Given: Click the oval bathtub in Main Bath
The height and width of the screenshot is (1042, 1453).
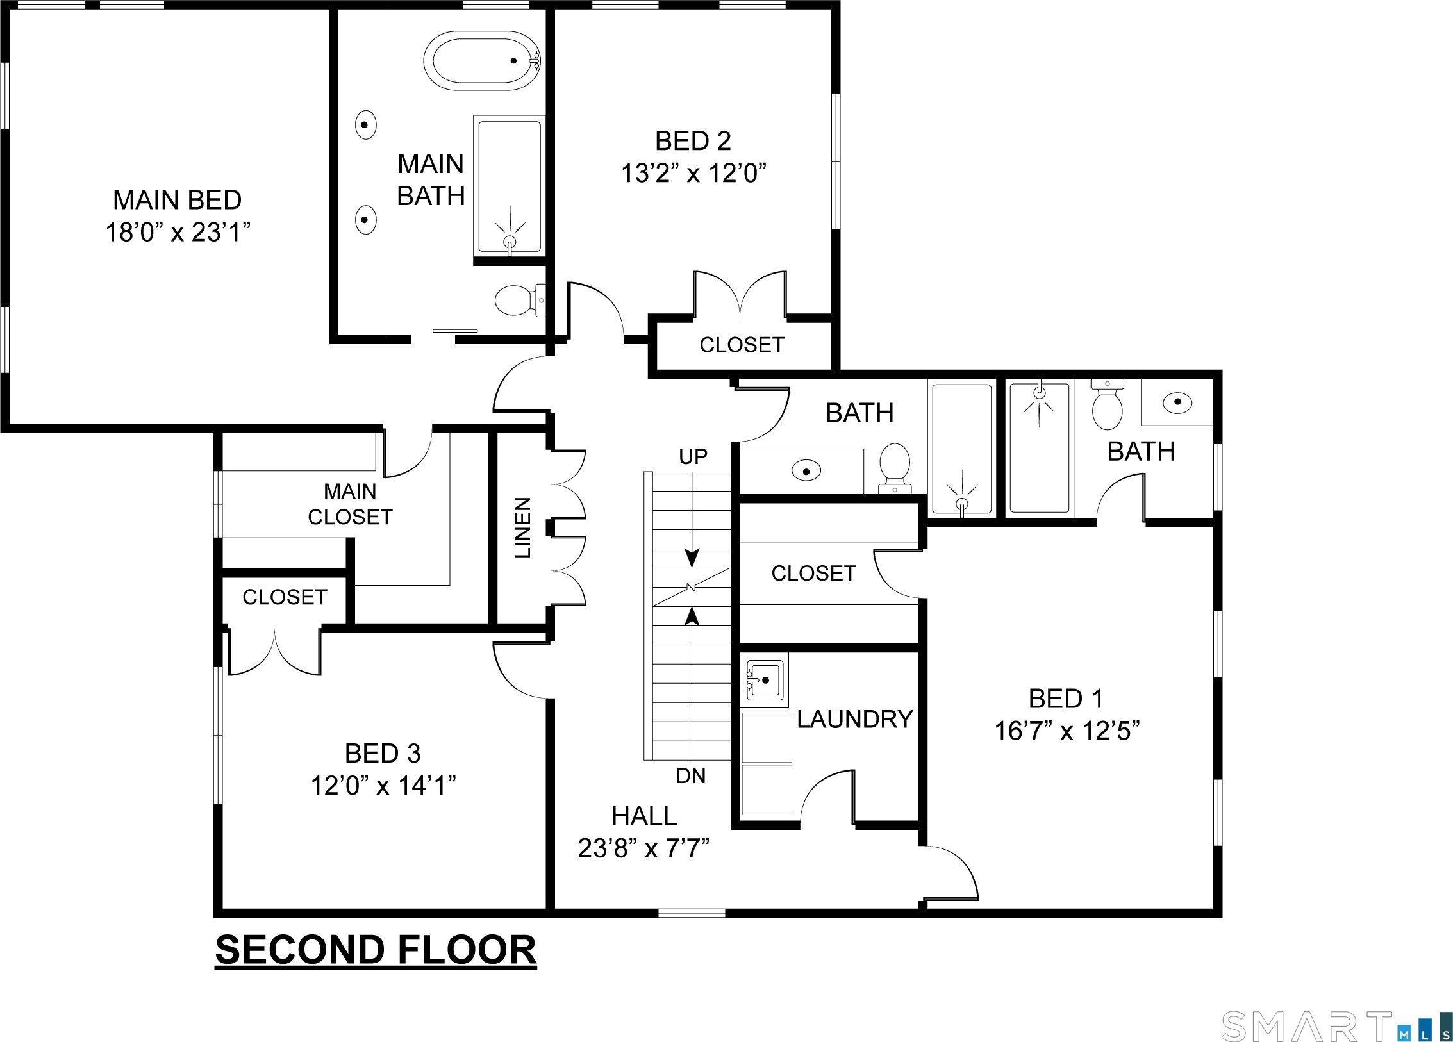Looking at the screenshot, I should click(483, 62).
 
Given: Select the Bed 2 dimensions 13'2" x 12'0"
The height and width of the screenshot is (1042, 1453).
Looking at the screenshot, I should click(693, 173).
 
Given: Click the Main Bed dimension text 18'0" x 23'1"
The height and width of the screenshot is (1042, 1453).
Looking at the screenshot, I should click(178, 232).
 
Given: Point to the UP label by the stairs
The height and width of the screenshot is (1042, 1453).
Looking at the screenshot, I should click(693, 456).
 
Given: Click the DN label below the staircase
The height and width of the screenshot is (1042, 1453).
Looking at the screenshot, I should click(691, 776).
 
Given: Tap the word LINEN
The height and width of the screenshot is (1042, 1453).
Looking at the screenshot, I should click(523, 527).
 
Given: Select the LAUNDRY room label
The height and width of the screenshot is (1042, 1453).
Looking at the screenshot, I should click(854, 719).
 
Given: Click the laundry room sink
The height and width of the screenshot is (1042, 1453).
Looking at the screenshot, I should click(764, 680).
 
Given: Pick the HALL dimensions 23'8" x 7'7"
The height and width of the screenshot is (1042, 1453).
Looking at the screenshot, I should click(643, 848).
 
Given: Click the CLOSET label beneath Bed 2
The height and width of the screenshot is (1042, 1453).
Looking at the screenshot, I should click(742, 345).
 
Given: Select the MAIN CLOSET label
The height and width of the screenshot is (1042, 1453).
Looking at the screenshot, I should click(350, 504).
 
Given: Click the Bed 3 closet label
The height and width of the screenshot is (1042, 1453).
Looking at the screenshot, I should click(285, 597).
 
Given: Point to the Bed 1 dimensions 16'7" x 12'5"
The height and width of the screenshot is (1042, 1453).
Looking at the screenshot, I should click(1067, 731).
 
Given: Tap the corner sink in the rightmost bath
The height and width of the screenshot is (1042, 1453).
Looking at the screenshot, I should click(1177, 402).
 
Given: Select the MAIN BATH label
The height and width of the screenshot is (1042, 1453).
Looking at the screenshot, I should click(431, 180).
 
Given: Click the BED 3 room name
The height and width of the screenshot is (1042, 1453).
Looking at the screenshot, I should click(383, 753).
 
